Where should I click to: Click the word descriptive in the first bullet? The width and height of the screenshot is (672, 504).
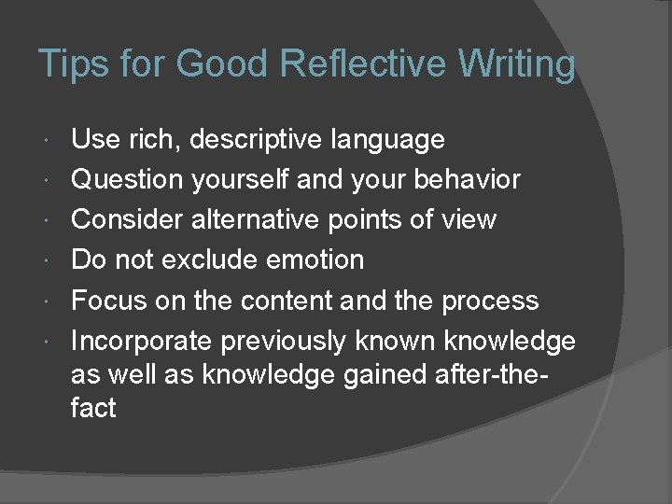(258, 140)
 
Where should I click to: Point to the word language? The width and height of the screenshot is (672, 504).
(387, 140)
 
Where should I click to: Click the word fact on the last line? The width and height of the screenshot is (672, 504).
(92, 408)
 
